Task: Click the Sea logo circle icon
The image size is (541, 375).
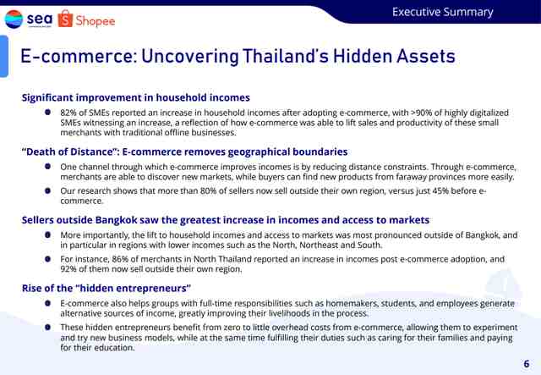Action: tap(14, 19)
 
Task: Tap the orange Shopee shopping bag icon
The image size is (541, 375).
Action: tap(65, 19)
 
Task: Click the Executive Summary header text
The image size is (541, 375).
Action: tap(443, 12)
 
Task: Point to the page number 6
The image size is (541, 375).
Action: tap(526, 364)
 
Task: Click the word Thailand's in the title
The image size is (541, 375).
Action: tap(286, 56)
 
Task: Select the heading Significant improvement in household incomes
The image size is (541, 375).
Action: tap(135, 97)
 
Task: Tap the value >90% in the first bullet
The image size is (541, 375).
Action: tap(421, 113)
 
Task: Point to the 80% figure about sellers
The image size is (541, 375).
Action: tap(208, 190)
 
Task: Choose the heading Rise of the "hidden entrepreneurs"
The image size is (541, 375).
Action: tap(107, 289)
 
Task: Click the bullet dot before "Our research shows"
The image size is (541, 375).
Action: tap(47, 190)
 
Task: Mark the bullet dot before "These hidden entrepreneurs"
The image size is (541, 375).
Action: tap(47, 327)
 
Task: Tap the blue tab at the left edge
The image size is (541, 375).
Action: tap(3, 56)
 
